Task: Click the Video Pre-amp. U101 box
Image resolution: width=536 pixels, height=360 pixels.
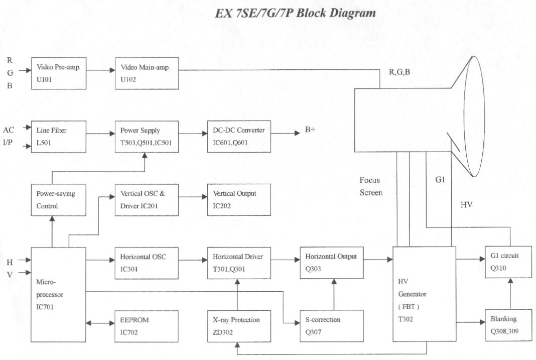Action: click(x=58, y=73)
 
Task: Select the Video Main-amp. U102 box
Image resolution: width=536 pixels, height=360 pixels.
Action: click(x=147, y=73)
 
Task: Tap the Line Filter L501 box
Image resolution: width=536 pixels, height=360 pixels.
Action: click(x=58, y=136)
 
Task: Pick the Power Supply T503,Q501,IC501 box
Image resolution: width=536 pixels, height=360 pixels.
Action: click(x=146, y=136)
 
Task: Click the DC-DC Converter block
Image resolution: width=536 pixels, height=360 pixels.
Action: click(x=239, y=136)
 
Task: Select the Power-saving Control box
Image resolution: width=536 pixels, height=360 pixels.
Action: click(x=58, y=199)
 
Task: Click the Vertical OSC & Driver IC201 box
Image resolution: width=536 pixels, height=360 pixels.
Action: click(x=147, y=199)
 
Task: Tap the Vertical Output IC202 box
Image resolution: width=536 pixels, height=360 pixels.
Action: click(x=239, y=199)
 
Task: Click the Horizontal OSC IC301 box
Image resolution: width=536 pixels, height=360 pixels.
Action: click(x=147, y=262)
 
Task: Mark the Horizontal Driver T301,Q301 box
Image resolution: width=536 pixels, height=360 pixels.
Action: click(x=239, y=262)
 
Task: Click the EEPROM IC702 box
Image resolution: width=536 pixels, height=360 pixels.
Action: click(x=147, y=325)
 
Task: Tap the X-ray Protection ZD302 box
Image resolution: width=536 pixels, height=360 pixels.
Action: click(x=239, y=325)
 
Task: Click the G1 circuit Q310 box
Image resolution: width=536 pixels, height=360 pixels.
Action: click(x=508, y=262)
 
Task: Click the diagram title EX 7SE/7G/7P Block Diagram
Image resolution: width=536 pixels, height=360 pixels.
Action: click(x=295, y=14)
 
